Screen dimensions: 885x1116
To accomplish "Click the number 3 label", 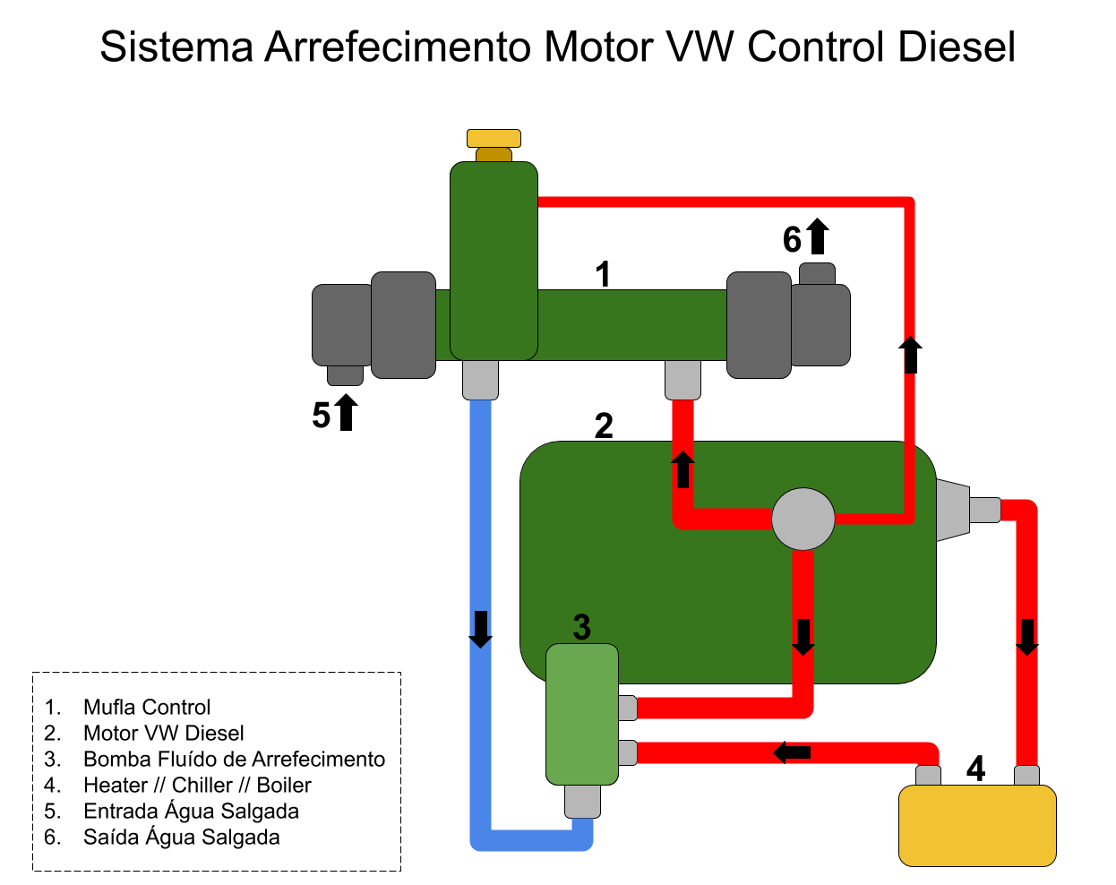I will click(x=581, y=627).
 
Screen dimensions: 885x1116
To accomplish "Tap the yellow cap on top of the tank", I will click(x=494, y=138).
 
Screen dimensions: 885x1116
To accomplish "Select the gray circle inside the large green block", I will click(x=803, y=519).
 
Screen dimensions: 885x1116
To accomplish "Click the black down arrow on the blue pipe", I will click(x=481, y=629).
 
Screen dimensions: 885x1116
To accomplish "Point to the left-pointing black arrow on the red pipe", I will click(x=792, y=752).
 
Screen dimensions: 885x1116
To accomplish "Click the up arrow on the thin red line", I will click(x=910, y=355).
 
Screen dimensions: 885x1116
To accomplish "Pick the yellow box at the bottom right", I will click(x=977, y=825).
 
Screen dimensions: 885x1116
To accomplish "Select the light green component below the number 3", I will click(x=582, y=714).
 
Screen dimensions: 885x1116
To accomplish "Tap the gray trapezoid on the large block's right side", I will click(x=952, y=510).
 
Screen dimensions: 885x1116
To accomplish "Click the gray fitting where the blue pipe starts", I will click(x=480, y=380).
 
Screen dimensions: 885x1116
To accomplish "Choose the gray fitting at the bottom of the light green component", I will click(x=582, y=801).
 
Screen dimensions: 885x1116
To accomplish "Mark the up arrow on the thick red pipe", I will click(x=682, y=469).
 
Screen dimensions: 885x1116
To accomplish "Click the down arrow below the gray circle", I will click(x=803, y=637).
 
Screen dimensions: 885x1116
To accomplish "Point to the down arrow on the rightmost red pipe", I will click(x=1027, y=637).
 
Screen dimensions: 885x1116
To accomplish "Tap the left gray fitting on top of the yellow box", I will click(x=928, y=776).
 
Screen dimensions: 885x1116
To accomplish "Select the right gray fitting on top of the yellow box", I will click(x=1026, y=776).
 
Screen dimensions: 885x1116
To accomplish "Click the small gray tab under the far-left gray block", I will click(x=345, y=375).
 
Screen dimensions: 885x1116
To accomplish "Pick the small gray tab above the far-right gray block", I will click(x=817, y=274).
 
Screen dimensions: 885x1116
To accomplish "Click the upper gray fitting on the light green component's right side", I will click(x=628, y=708).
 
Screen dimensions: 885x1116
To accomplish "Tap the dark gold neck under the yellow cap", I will click(x=494, y=155).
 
